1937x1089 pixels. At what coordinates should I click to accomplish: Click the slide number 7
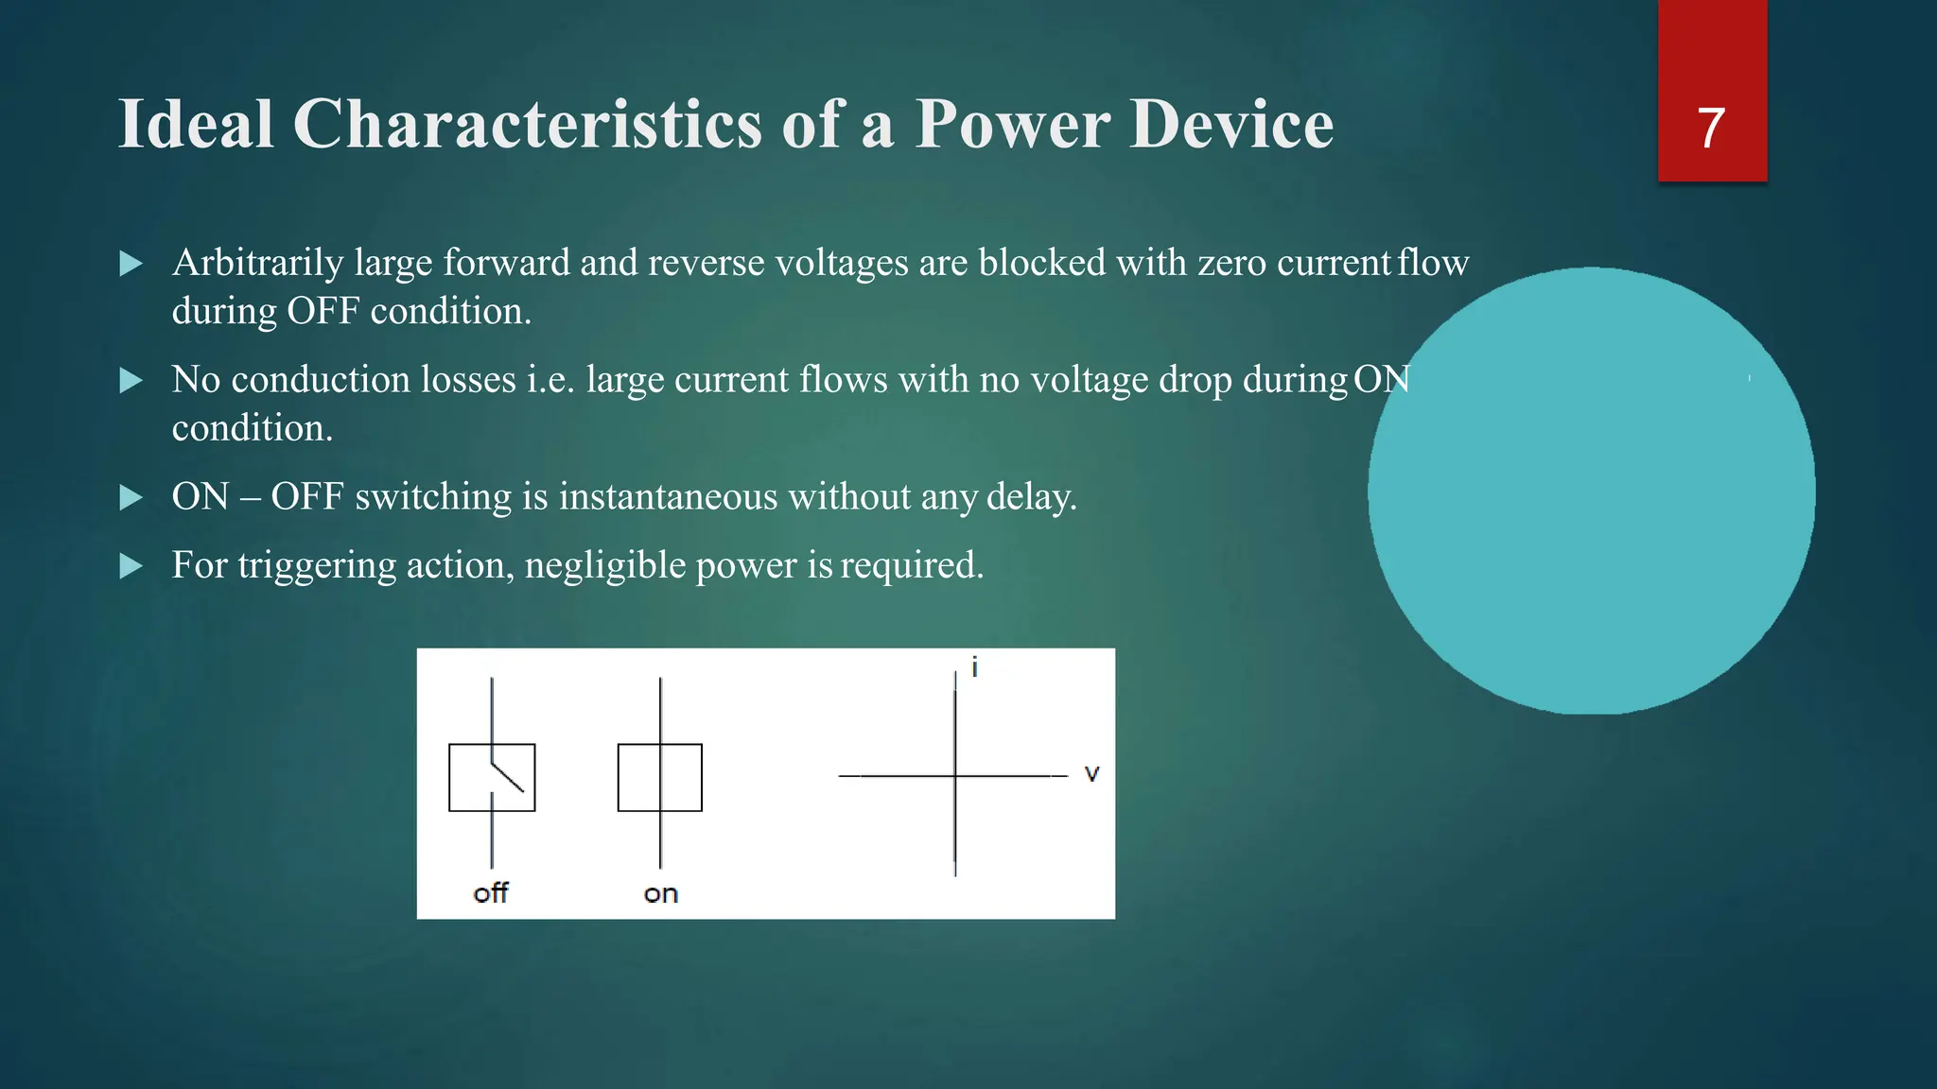point(1711,128)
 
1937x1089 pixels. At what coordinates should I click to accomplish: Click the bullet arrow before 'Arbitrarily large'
point(131,264)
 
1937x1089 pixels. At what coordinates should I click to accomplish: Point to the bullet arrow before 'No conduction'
point(131,381)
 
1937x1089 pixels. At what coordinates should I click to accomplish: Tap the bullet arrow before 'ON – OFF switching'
point(131,497)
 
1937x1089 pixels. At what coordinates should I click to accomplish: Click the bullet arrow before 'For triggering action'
point(131,566)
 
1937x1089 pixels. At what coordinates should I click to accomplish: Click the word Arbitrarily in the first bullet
point(257,264)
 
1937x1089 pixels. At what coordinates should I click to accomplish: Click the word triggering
point(316,566)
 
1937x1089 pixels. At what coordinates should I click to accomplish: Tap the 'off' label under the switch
point(491,893)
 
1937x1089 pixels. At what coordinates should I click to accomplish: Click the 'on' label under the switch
point(661,894)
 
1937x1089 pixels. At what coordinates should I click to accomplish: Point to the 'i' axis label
point(974,667)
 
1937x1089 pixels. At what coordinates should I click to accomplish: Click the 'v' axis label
point(1091,773)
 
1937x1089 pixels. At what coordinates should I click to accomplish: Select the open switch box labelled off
point(492,777)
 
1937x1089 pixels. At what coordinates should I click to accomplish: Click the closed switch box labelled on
point(660,777)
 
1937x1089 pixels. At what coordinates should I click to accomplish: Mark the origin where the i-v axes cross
point(955,776)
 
